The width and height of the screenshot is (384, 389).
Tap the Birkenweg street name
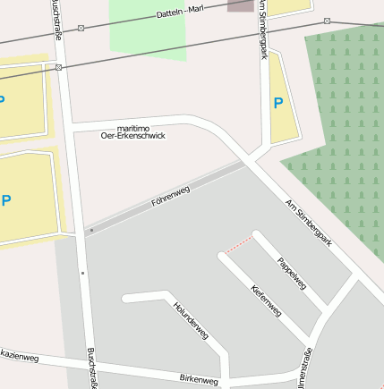199,379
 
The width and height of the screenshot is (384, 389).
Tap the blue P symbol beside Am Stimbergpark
278,103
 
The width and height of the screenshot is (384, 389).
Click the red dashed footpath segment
238,243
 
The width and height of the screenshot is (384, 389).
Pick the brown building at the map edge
240,5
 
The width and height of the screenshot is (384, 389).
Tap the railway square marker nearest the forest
328,21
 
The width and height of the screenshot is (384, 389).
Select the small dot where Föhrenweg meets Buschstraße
90,231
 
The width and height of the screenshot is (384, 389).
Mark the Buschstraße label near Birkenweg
91,368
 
